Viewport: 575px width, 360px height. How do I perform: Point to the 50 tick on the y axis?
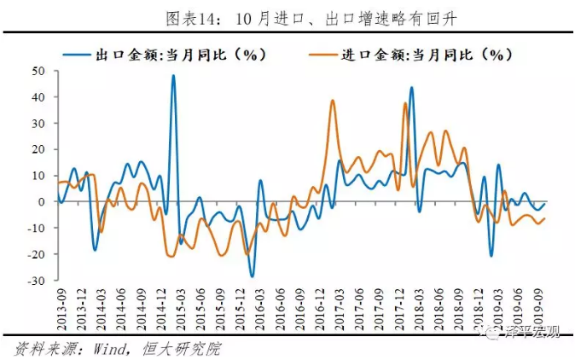tap(38, 71)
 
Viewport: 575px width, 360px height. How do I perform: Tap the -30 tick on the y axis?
tap(35, 281)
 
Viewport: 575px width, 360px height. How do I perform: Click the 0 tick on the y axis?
tap(40, 202)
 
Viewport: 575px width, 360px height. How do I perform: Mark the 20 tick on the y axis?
tap(38, 149)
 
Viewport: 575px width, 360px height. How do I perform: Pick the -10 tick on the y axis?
tap(35, 229)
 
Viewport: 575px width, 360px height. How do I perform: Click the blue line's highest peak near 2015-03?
tap(173, 76)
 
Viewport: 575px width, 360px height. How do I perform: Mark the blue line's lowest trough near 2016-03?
tap(252, 276)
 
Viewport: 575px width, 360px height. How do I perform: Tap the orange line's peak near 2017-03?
tap(332, 101)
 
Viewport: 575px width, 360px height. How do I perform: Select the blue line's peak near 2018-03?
tap(411, 87)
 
